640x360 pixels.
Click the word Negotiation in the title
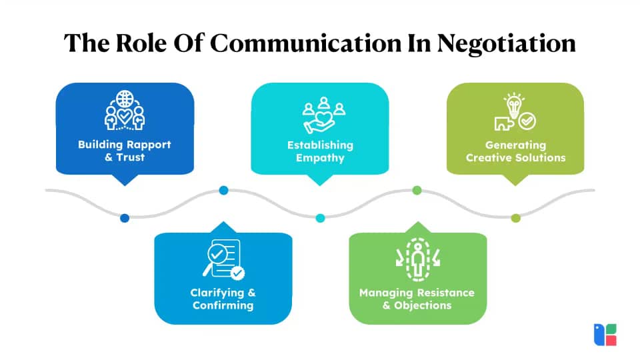[x=506, y=43]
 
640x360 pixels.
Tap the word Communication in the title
[x=306, y=43]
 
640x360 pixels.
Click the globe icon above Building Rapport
[x=125, y=99]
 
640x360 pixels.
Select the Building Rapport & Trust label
[x=125, y=151]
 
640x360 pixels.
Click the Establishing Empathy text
[x=321, y=151]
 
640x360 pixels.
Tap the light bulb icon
[x=514, y=105]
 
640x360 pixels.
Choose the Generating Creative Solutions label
[x=515, y=151]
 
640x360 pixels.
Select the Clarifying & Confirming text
[x=223, y=299]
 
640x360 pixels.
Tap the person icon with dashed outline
[x=417, y=259]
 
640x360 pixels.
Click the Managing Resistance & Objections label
[x=417, y=299]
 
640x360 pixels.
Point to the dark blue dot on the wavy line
[x=125, y=218]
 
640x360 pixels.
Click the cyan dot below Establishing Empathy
[x=321, y=218]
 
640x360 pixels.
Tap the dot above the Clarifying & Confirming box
[x=224, y=190]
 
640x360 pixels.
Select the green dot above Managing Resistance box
[x=417, y=190]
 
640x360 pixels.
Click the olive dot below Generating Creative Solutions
[x=516, y=218]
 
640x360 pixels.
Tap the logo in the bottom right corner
[x=605, y=335]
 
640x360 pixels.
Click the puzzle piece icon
[x=504, y=124]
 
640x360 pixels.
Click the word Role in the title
[x=141, y=43]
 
